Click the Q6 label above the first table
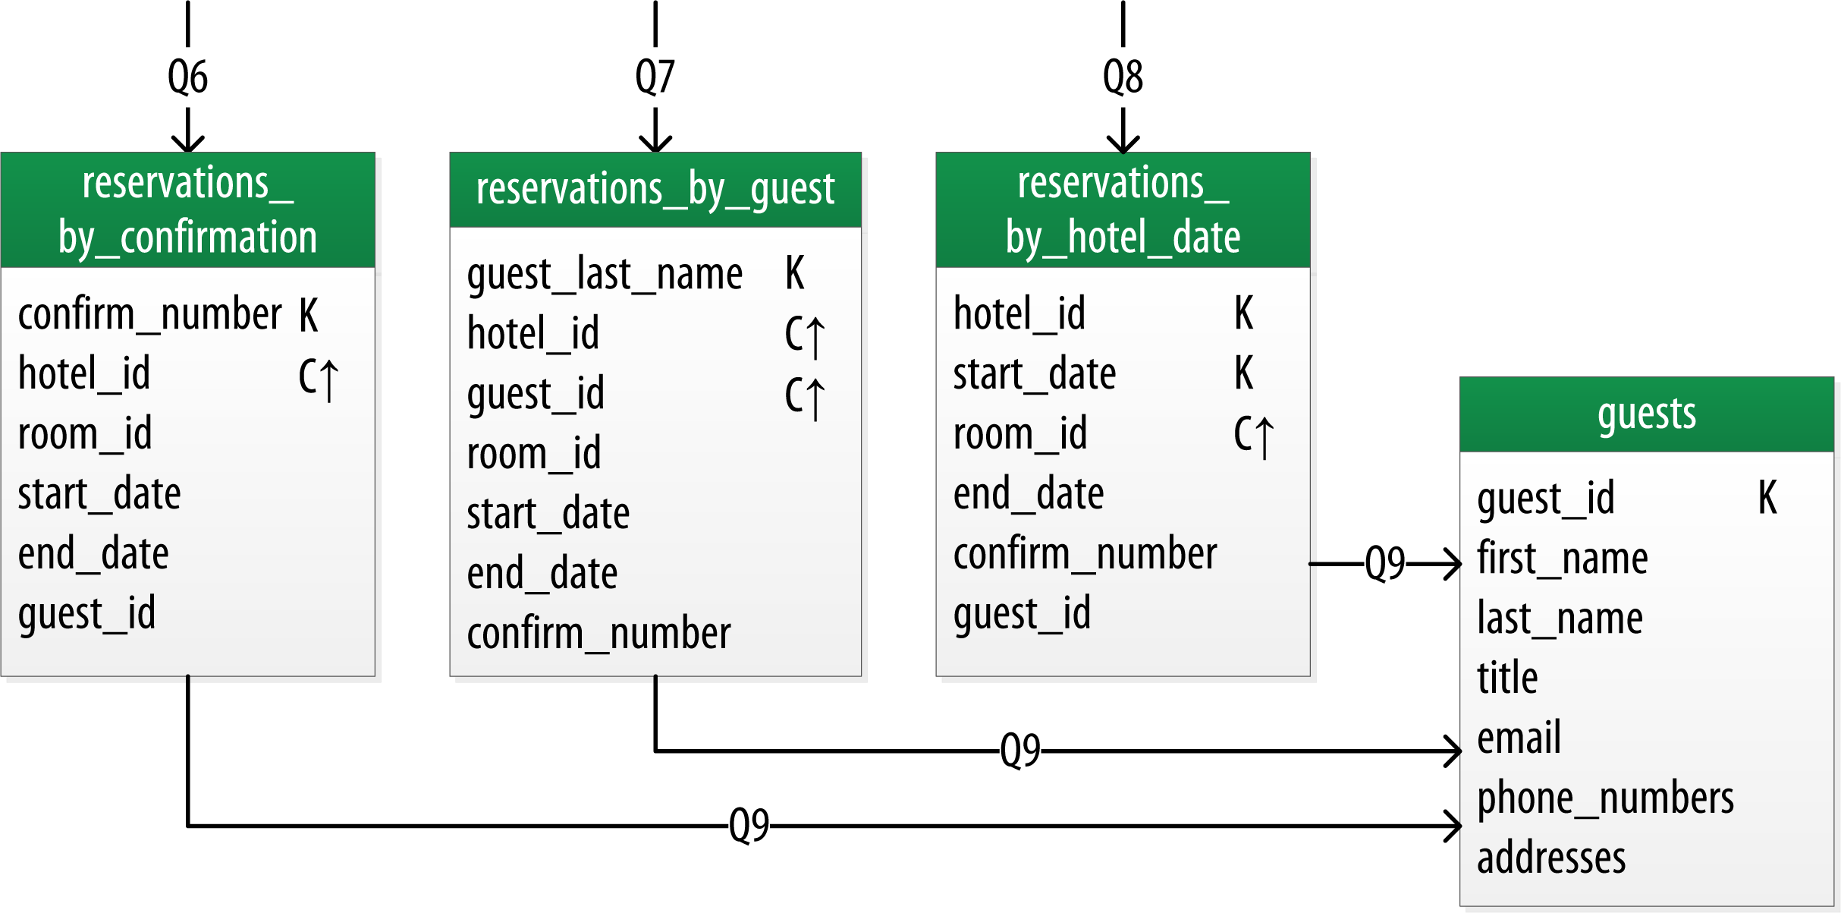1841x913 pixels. (x=187, y=77)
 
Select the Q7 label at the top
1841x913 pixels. (x=655, y=77)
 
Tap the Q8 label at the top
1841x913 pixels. (x=1123, y=77)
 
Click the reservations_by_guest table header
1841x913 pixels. (x=655, y=189)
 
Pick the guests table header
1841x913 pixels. (x=1646, y=414)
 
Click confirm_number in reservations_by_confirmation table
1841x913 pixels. (x=149, y=313)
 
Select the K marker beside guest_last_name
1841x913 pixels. (x=794, y=273)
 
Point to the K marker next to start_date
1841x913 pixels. (x=1243, y=373)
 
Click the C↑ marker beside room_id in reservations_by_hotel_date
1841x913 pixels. (x=1253, y=436)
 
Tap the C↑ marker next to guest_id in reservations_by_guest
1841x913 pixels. (x=804, y=397)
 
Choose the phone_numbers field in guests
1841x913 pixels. (x=1605, y=798)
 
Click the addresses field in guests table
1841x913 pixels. (x=1551, y=858)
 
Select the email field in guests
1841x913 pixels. (x=1519, y=738)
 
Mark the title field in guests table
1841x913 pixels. (x=1507, y=678)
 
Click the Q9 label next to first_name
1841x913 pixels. (x=1384, y=563)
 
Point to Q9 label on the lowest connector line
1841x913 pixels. (x=749, y=825)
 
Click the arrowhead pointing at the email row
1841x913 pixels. (x=1453, y=751)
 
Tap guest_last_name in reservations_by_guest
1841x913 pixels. (x=605, y=274)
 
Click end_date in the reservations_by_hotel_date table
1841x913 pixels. (x=1028, y=494)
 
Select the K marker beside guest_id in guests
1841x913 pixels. (x=1767, y=498)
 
